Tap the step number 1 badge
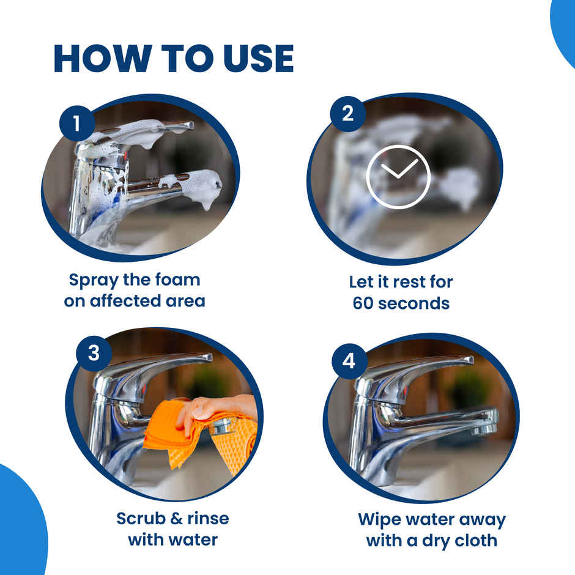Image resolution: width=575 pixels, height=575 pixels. click(x=76, y=124)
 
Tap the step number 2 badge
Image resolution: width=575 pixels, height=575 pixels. click(x=347, y=113)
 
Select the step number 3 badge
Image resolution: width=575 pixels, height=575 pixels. click(x=94, y=354)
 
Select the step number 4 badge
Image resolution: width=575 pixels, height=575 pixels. click(x=349, y=361)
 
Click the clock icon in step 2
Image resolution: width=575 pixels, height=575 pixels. click(x=398, y=176)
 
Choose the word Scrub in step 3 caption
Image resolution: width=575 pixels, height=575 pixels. click(x=142, y=519)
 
